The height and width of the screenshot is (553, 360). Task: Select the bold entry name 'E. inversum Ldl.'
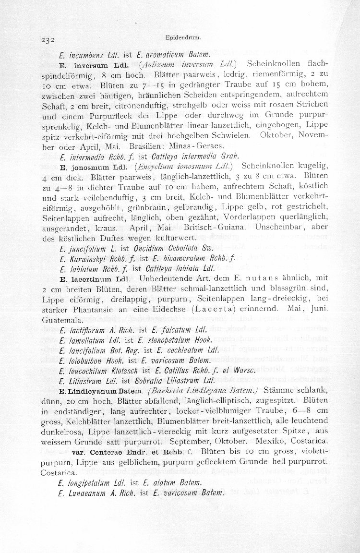[x=91, y=64]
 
